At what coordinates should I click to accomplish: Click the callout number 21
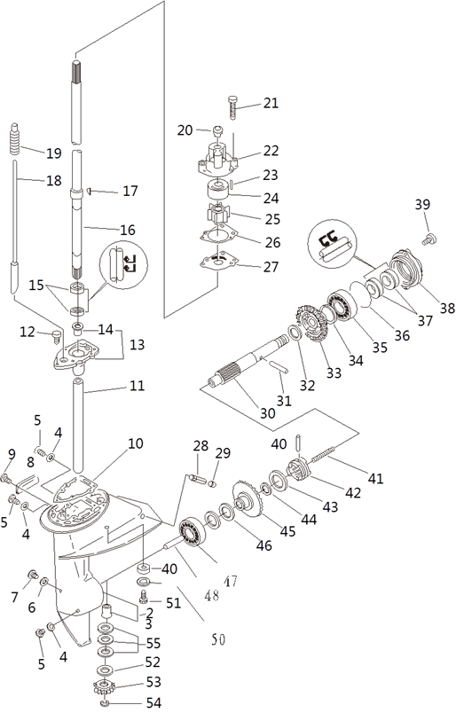271,103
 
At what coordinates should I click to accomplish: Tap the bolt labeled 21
232,107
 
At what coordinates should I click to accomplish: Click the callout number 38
447,309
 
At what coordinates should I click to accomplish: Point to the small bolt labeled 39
429,239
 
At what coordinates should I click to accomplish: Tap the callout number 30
268,413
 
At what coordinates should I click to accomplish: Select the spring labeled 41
321,455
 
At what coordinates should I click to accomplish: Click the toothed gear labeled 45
248,498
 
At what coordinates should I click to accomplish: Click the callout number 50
218,639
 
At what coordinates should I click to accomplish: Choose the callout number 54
153,703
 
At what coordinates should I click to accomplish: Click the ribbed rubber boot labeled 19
15,138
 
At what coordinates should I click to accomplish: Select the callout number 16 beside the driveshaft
128,230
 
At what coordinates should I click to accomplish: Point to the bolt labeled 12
57,337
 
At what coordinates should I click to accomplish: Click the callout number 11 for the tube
137,386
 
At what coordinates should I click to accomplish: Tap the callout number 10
136,443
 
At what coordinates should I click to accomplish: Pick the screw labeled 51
144,597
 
